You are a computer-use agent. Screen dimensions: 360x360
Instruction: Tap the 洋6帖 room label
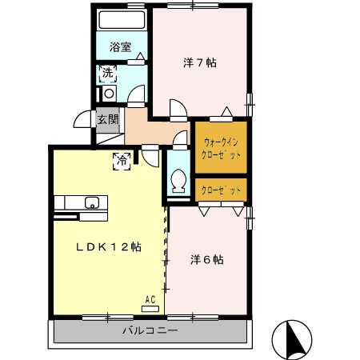click(x=206, y=259)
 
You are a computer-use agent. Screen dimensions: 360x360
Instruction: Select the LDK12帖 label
click(x=109, y=247)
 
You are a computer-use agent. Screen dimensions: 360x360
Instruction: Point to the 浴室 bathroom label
click(x=120, y=47)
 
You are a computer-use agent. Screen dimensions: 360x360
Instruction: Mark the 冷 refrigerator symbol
click(x=123, y=160)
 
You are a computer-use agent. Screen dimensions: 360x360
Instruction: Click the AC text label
click(x=150, y=300)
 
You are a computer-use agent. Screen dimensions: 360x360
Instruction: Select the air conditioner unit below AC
click(x=150, y=308)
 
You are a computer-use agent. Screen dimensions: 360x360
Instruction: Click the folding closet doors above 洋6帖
click(x=221, y=209)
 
